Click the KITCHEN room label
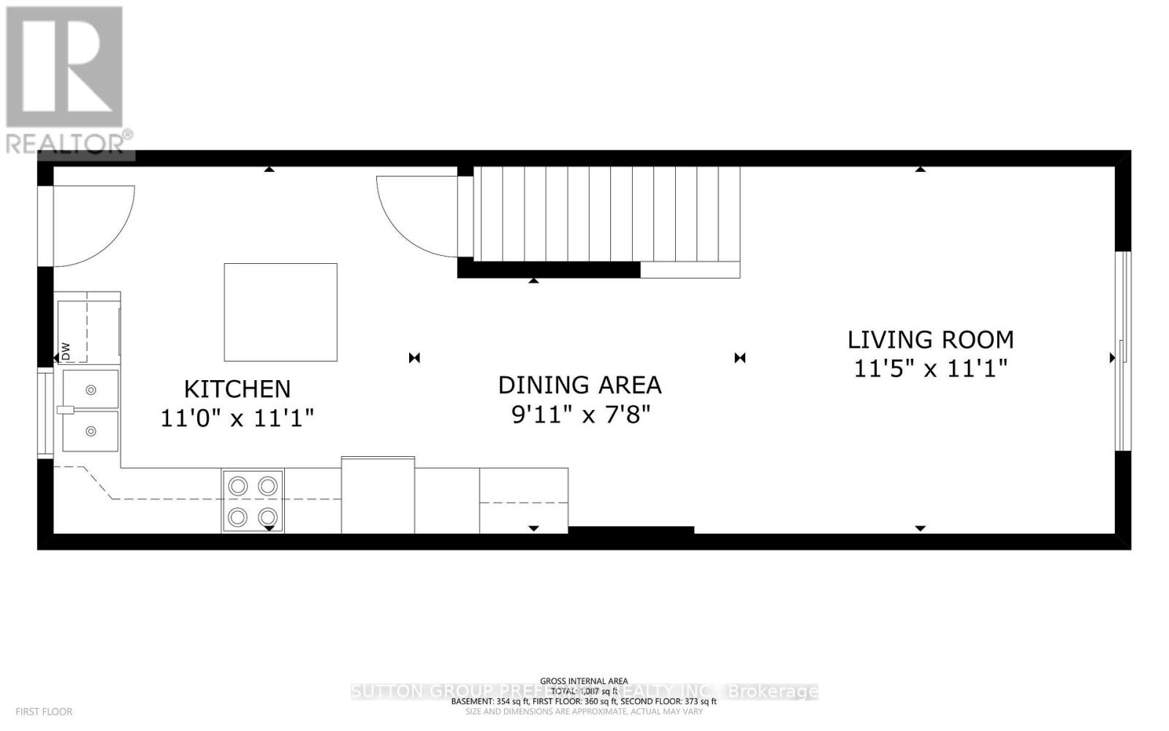point(237,388)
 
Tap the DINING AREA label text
point(579,385)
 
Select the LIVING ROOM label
point(930,339)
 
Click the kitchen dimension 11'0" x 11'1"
point(237,418)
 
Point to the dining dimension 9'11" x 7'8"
point(579,414)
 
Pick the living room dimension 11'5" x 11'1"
point(930,368)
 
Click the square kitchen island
point(280,312)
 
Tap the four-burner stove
point(253,501)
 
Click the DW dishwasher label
point(65,351)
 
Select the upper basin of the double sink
point(91,390)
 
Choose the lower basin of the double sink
point(91,431)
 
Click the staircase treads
point(599,213)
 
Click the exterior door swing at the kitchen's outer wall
point(91,223)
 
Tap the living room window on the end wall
point(1123,351)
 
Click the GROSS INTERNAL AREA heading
point(584,681)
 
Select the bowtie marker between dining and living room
point(739,357)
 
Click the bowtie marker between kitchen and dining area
point(414,357)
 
